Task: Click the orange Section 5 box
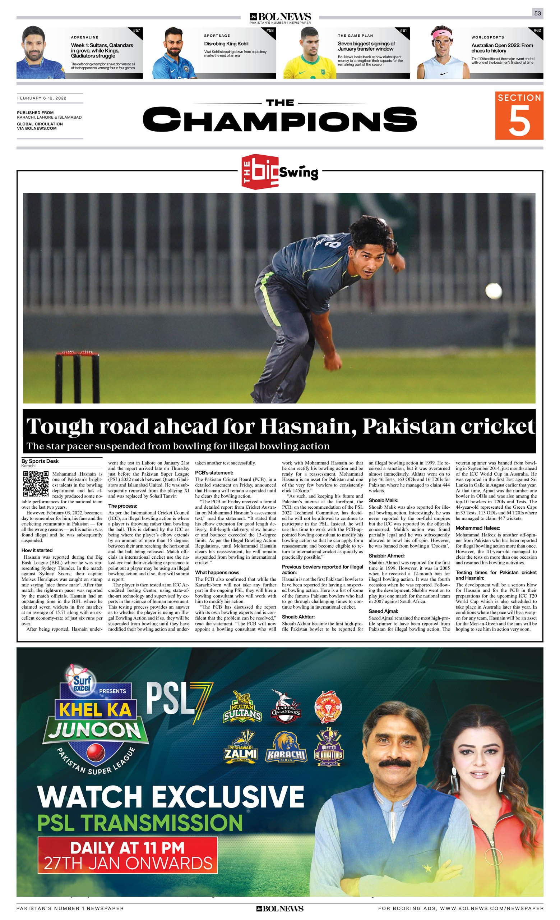click(519, 115)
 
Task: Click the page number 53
click(537, 13)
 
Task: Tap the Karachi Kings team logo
click(286, 747)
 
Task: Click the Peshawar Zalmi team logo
click(241, 747)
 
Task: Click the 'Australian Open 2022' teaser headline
click(502, 48)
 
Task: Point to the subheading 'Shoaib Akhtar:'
click(298, 617)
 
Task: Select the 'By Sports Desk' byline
click(40, 461)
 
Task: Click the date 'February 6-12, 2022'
click(42, 98)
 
